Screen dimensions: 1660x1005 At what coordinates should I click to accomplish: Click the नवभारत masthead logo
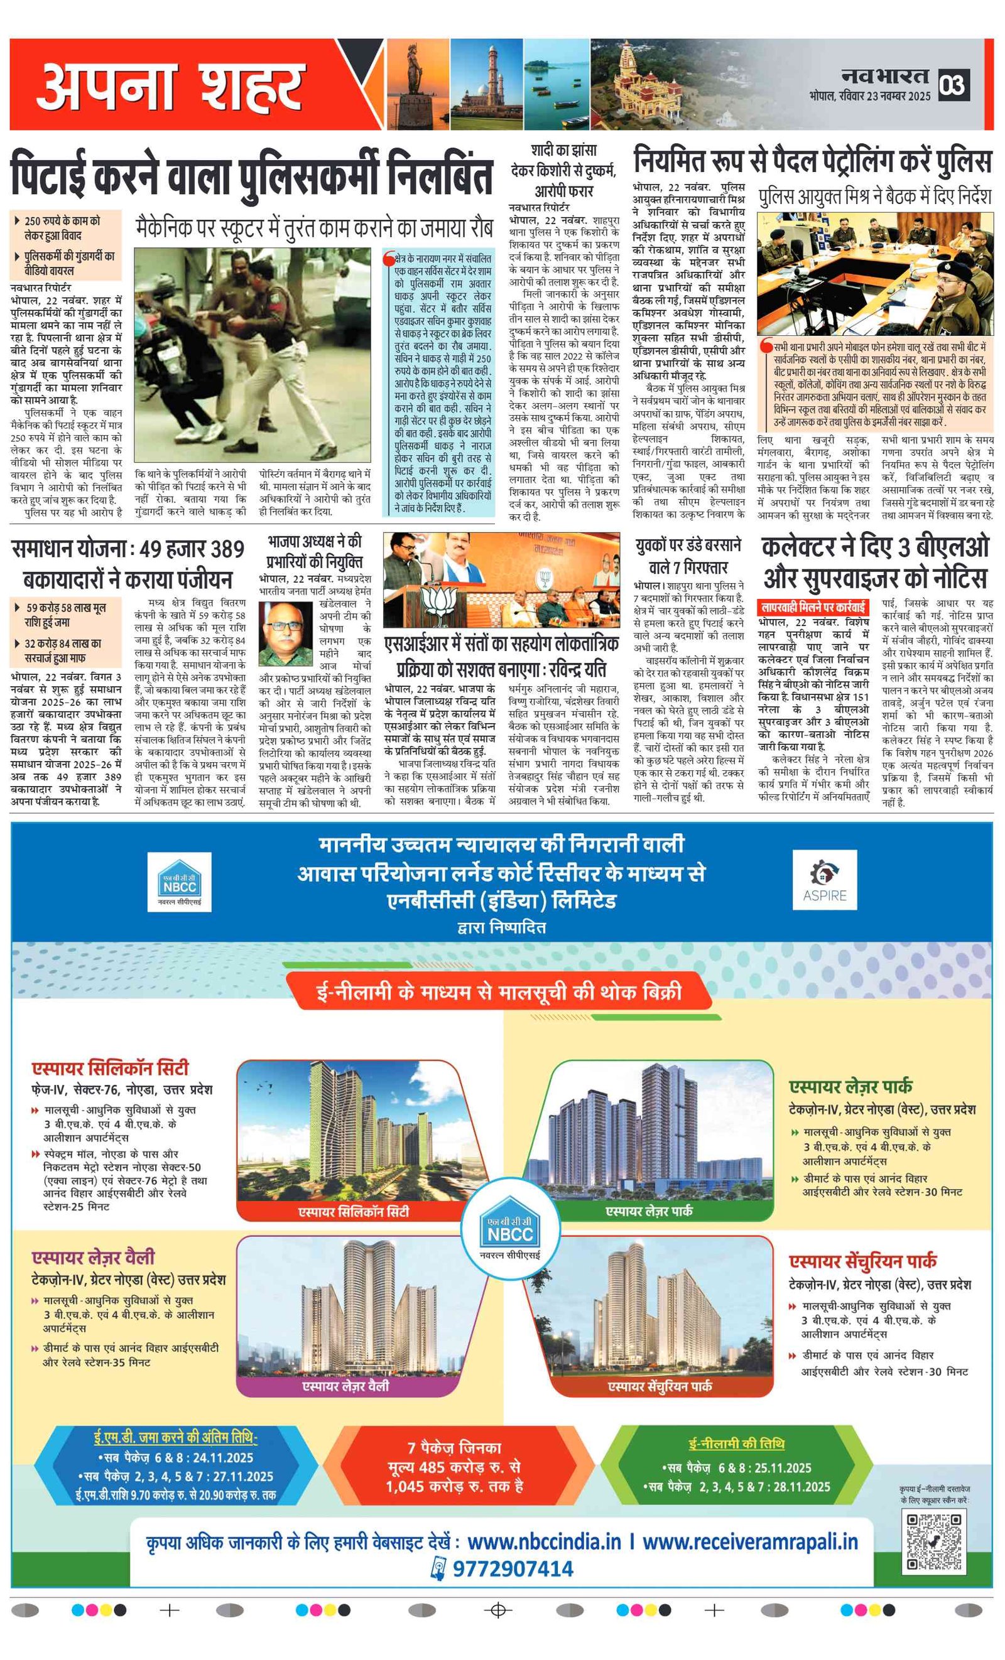pyautogui.click(x=885, y=77)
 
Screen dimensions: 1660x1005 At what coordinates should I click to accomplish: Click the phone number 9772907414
pyautogui.click(x=513, y=1569)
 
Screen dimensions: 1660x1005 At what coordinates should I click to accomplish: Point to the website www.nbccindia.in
pyautogui.click(x=543, y=1542)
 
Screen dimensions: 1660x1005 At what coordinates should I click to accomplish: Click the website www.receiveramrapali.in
pyautogui.click(x=750, y=1542)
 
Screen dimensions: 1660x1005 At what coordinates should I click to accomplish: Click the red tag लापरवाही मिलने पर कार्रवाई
pyautogui.click(x=813, y=607)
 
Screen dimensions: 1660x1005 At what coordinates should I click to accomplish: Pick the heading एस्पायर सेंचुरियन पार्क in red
pyautogui.click(x=863, y=1261)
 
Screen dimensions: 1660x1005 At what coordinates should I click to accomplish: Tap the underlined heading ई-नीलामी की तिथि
pyautogui.click(x=736, y=1444)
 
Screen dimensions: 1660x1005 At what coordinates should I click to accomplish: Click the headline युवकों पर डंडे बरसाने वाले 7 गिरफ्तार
pyautogui.click(x=688, y=556)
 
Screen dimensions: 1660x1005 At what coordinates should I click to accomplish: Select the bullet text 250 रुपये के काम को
pyautogui.click(x=62, y=221)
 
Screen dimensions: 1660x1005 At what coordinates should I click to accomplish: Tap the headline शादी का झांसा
pyautogui.click(x=563, y=149)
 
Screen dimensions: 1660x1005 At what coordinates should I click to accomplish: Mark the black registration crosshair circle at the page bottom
pyautogui.click(x=498, y=1610)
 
